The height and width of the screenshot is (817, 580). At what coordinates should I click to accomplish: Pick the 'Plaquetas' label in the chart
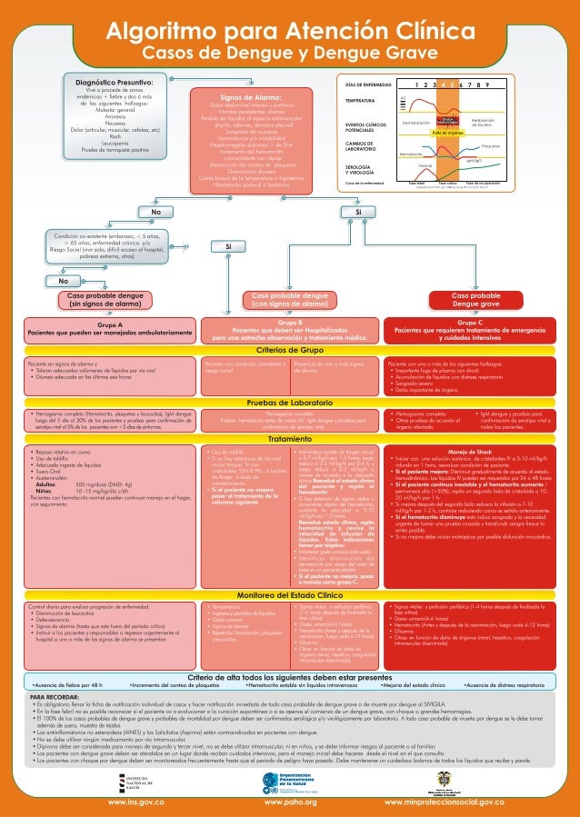491,145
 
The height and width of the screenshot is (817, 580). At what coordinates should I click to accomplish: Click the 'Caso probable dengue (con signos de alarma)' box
291,301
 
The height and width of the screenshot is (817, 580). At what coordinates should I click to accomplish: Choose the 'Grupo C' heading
471,323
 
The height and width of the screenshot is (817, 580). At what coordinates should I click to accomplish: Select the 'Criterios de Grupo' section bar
290,349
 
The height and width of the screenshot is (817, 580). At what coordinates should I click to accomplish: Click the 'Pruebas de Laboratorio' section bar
290,400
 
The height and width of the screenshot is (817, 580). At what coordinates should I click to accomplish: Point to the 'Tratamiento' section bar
290,438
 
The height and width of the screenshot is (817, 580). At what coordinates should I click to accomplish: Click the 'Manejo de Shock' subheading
470,451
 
